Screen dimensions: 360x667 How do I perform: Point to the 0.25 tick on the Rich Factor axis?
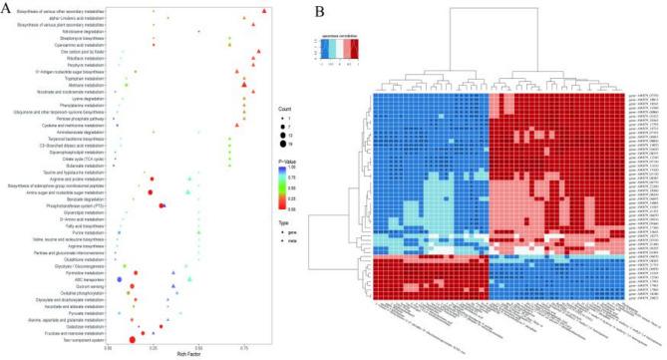153,345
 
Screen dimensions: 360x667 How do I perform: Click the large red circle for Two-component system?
132,340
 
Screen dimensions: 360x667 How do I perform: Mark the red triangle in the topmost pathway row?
264,11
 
